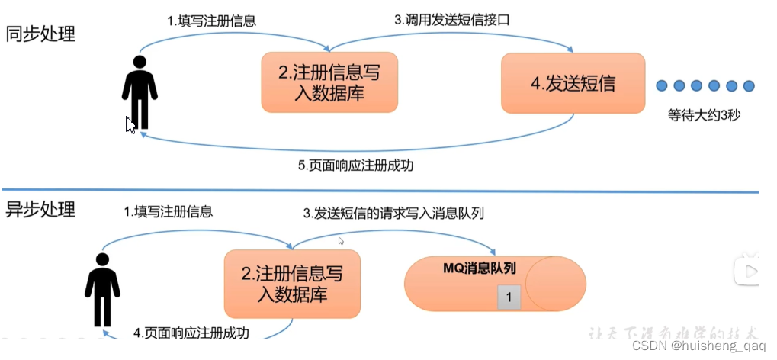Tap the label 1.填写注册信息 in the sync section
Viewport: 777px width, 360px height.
(211, 21)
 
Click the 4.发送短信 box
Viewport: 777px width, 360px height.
(573, 83)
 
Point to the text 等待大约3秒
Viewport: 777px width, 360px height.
(705, 116)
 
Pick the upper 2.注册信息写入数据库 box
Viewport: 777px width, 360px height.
(329, 82)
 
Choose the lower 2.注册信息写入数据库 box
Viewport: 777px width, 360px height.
(292, 284)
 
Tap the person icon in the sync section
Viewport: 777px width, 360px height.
(140, 92)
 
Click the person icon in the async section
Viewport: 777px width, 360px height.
(102, 288)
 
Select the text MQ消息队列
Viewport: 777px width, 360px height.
(480, 268)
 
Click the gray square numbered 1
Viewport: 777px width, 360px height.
(509, 297)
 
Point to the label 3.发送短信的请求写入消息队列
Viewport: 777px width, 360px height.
(393, 213)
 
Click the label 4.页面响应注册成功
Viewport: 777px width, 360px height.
(191, 333)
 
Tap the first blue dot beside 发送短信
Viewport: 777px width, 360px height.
(662, 85)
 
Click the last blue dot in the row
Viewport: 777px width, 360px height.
(749, 85)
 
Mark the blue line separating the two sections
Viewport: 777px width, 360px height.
(381, 191)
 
